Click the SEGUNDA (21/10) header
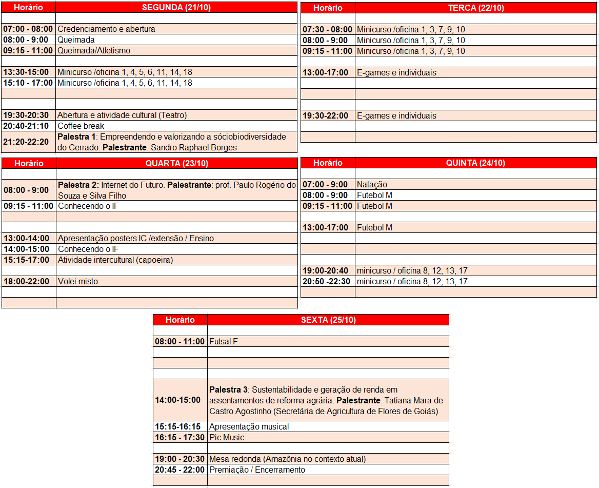[176, 7]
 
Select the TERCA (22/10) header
[475, 8]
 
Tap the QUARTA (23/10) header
[176, 163]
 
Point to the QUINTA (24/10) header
[475, 163]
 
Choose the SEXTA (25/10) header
[328, 320]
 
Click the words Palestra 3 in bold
[228, 389]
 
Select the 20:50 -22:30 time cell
[327, 281]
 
